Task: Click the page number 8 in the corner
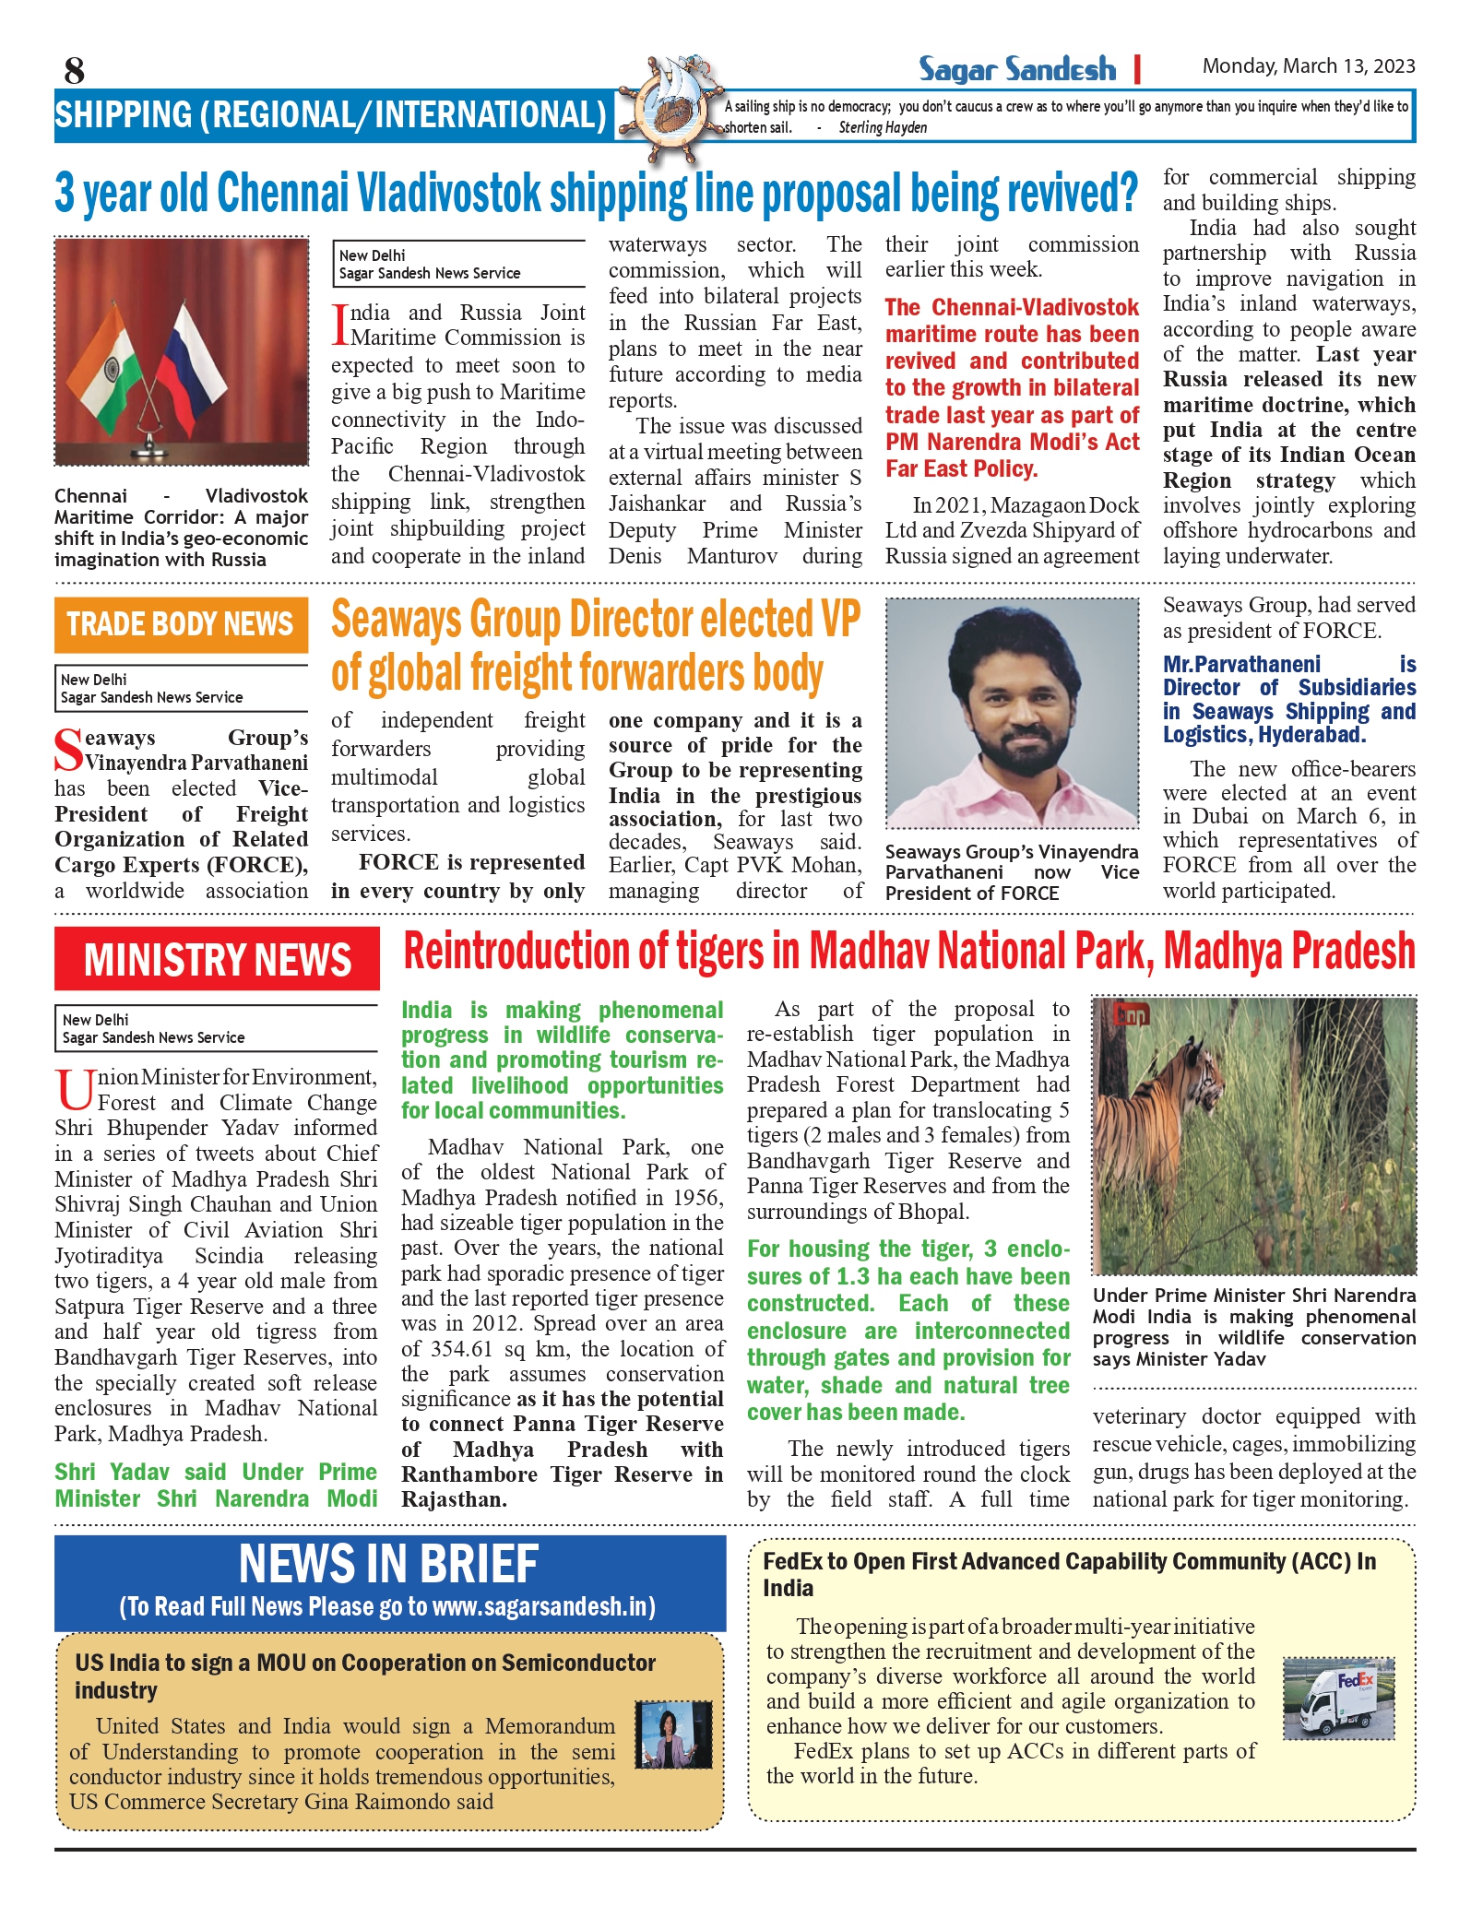(x=74, y=70)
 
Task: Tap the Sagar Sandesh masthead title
(x=1016, y=69)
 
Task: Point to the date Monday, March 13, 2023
(x=1308, y=66)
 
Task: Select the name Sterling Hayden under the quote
(x=883, y=128)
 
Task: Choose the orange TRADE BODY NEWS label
(x=180, y=624)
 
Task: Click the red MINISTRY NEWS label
(x=217, y=959)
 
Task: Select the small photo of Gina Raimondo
(x=673, y=1734)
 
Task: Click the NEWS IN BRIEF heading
(x=388, y=1565)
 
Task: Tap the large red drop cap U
(x=74, y=1090)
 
